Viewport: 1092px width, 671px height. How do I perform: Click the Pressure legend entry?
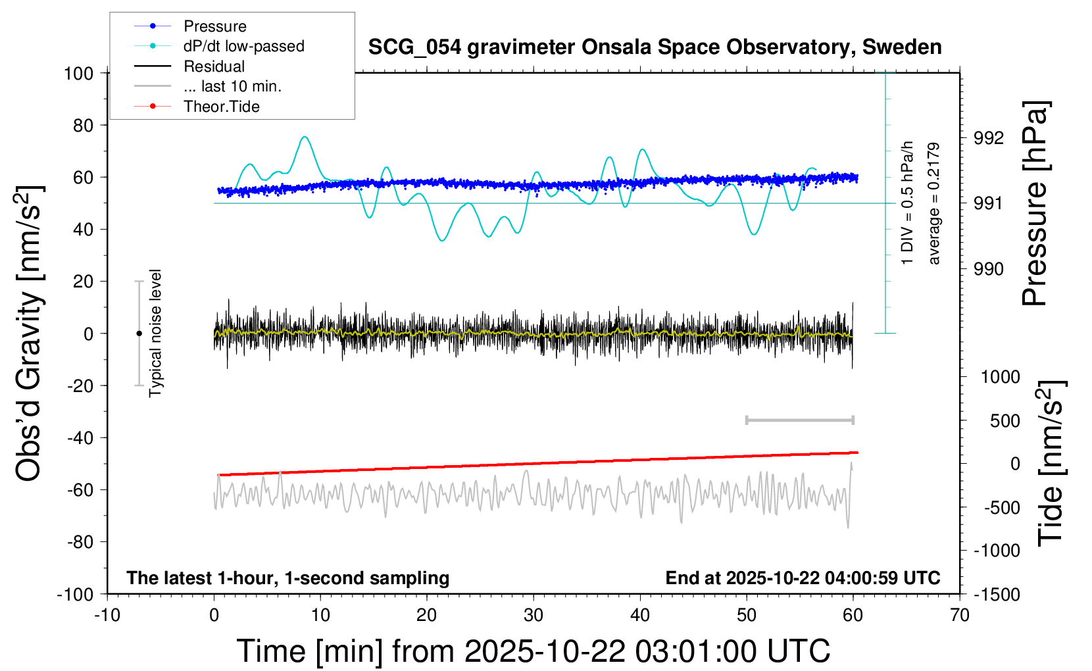coord(214,26)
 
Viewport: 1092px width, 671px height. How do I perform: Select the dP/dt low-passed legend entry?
coord(243,46)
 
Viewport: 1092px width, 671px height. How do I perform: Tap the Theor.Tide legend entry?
coord(221,107)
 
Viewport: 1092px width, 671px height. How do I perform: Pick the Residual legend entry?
coord(214,66)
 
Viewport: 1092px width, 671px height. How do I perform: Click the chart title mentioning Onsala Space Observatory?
coord(655,47)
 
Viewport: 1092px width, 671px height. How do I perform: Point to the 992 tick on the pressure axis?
coord(989,138)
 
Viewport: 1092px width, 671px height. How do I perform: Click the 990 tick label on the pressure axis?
coord(989,269)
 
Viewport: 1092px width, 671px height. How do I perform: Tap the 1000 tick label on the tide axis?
coord(1000,377)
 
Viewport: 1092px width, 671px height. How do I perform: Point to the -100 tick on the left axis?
coord(75,594)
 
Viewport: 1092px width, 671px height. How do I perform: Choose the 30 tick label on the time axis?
coord(534,616)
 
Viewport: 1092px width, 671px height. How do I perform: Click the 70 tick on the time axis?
coord(960,616)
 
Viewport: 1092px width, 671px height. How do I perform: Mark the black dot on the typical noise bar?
coord(139,334)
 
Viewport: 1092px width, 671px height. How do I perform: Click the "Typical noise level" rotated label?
coord(155,333)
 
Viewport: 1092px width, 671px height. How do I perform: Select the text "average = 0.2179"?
coord(933,204)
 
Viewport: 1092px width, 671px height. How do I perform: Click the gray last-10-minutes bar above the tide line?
coord(799,420)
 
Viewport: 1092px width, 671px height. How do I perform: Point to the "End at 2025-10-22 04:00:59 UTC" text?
coord(803,578)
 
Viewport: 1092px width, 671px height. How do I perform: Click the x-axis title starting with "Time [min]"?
coord(534,651)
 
